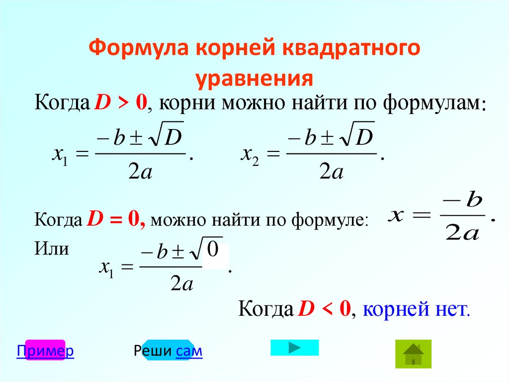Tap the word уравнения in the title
[254, 79]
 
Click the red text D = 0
[116, 219]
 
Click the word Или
[51, 248]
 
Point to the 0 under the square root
[213, 251]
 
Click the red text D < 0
[325, 309]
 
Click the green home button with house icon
[413, 354]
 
